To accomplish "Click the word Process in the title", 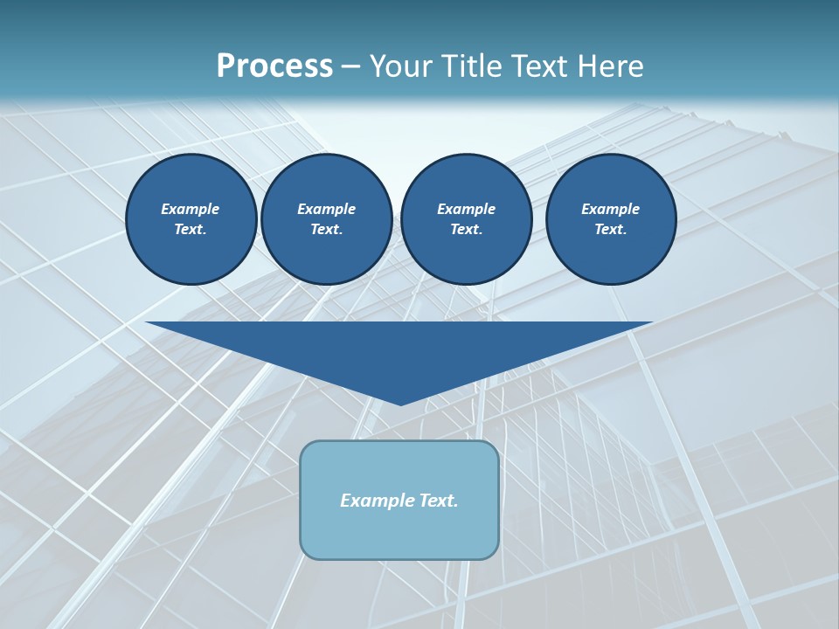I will click(274, 66).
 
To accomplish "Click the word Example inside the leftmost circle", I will click(191, 209).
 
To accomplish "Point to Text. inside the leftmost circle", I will click(191, 230).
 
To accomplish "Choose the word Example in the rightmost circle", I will click(610, 209).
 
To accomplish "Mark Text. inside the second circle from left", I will click(327, 230).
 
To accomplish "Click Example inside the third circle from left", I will click(466, 209).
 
